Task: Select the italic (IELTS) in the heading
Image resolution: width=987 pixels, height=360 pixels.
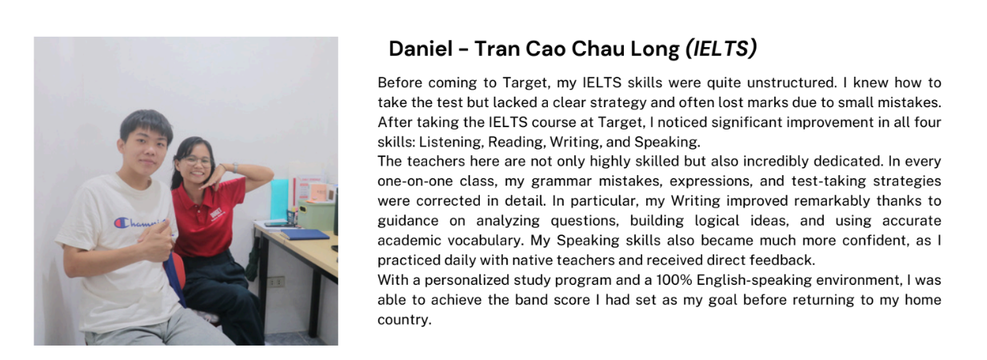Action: click(x=721, y=48)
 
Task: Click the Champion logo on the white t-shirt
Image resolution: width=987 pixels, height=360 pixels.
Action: click(x=139, y=223)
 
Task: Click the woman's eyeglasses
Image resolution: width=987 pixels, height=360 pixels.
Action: click(x=198, y=161)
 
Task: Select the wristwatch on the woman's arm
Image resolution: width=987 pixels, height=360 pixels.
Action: click(x=235, y=167)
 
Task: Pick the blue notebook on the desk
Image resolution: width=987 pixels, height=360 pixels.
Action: click(x=304, y=234)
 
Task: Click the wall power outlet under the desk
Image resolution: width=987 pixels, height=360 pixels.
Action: click(x=277, y=282)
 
